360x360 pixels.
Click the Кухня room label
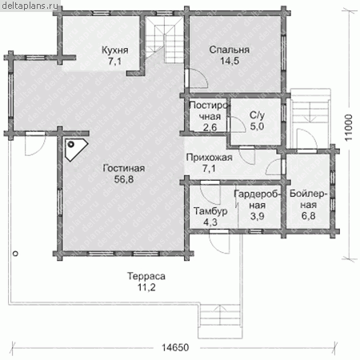click(x=115, y=50)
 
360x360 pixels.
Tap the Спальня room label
click(x=230, y=50)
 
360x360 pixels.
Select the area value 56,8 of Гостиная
click(x=124, y=179)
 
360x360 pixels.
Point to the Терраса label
click(x=146, y=276)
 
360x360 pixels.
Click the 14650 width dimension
click(x=175, y=347)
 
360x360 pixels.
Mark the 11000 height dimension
click(x=348, y=128)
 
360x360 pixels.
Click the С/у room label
click(x=257, y=115)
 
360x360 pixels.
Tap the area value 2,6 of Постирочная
click(x=210, y=127)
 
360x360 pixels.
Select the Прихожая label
click(x=209, y=158)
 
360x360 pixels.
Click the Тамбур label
click(x=210, y=211)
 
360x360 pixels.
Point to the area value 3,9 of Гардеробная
click(x=258, y=216)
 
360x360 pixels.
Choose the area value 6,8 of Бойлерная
click(x=309, y=215)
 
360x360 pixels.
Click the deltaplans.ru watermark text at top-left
click(x=30, y=6)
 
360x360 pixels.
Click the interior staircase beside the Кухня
click(x=164, y=40)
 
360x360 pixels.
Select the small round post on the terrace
click(x=15, y=254)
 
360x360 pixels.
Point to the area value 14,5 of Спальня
click(x=230, y=61)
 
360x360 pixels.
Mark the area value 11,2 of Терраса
click(x=146, y=287)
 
